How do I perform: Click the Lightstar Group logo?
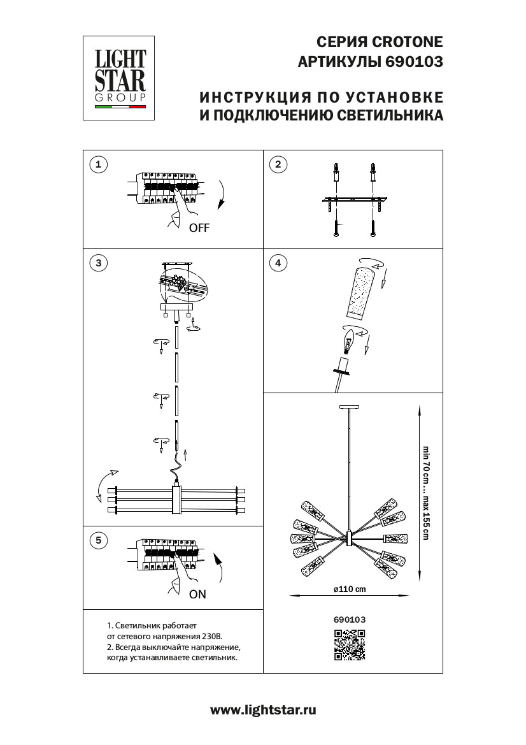pos(120,78)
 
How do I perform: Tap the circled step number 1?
pos(97,165)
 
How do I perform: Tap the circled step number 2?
pos(277,165)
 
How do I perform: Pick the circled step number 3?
pos(97,262)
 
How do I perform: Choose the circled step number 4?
pos(277,262)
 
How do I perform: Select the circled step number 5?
pos(97,540)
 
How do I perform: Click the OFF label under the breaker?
pos(199,228)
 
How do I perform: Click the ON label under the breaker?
pos(198,594)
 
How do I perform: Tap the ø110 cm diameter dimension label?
pos(350,589)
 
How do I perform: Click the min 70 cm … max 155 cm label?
pos(425,490)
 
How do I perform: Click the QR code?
pos(350,645)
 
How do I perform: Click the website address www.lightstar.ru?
pos(263,710)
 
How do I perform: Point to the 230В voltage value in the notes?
pos(211,636)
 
